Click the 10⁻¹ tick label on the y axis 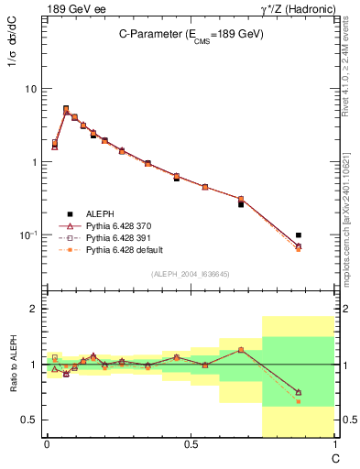tap(28, 235)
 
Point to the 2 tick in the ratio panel tap(36, 309)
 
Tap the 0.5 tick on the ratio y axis tap(31, 420)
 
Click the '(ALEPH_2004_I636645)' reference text tap(190, 274)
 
